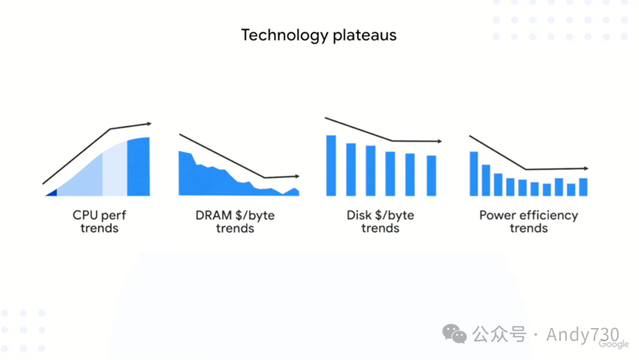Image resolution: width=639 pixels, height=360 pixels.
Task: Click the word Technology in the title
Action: point(285,36)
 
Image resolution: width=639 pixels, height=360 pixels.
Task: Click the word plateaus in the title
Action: point(364,35)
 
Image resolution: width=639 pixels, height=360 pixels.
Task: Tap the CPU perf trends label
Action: point(99,221)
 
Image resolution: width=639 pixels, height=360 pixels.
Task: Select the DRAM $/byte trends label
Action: point(235,221)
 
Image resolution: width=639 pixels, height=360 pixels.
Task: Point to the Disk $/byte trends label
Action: point(380,221)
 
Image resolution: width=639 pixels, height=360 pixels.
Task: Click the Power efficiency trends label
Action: point(528,221)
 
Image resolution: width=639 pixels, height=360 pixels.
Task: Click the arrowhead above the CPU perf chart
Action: point(150,124)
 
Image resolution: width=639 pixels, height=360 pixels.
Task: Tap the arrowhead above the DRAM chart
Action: point(298,176)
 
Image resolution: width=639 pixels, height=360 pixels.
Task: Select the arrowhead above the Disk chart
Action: point(440,142)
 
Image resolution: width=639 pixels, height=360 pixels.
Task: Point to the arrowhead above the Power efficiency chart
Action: point(586,168)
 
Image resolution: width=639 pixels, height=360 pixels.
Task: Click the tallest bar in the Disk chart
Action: point(331,166)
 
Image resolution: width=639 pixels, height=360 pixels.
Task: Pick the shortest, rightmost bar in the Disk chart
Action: point(431,176)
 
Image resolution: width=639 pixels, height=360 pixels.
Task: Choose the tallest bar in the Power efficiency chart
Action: point(473,173)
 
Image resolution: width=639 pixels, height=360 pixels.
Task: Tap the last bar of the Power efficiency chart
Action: point(583,187)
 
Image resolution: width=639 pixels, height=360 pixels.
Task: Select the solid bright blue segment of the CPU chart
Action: point(138,167)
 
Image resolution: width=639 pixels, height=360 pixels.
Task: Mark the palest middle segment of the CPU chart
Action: point(115,171)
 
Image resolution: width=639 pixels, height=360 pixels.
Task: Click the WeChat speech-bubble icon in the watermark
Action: point(454,334)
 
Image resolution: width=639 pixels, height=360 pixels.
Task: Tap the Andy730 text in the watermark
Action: point(583,335)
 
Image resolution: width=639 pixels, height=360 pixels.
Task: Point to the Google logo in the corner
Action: point(614,345)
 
